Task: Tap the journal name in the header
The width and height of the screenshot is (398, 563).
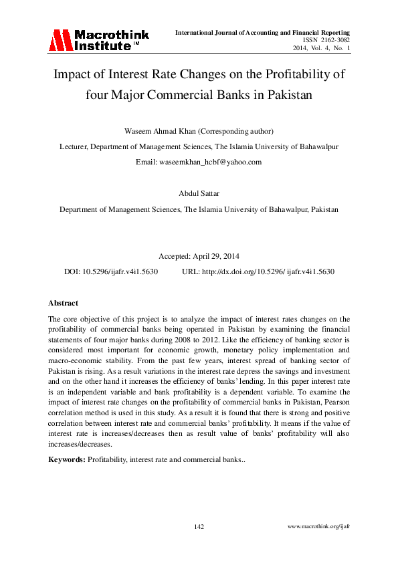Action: click(x=263, y=33)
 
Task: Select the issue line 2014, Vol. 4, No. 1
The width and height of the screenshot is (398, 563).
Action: click(x=322, y=49)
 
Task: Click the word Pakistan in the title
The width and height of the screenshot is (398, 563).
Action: click(x=290, y=94)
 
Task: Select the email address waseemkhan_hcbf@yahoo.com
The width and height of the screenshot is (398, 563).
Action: click(x=217, y=162)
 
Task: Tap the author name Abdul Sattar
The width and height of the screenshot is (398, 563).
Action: click(x=199, y=193)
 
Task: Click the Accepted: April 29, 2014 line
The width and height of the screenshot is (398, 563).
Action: click(x=199, y=256)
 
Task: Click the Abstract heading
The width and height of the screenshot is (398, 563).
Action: click(x=64, y=303)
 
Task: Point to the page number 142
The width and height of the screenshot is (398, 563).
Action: click(x=199, y=527)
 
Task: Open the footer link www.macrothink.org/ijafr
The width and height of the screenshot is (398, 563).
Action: click(x=318, y=527)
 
